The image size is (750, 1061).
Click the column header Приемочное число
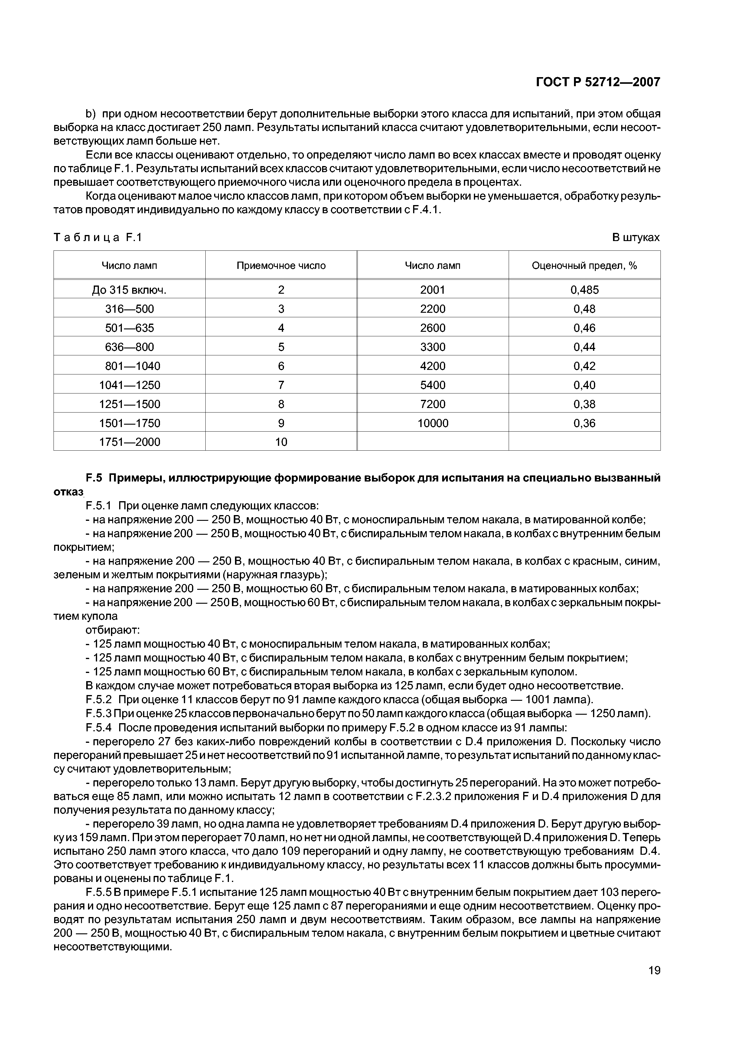coord(281,266)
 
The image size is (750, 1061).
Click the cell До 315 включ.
coord(129,290)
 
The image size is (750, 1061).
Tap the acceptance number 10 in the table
coord(281,442)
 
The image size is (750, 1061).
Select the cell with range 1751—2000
coord(129,442)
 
